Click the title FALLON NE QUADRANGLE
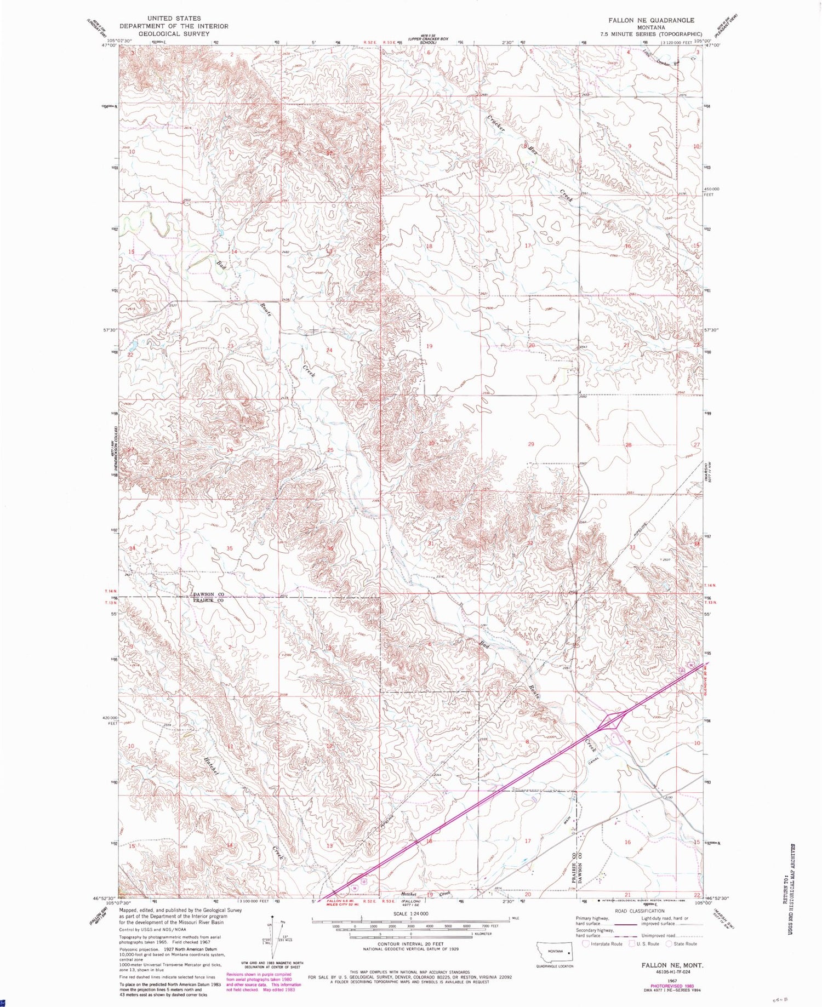tap(650, 20)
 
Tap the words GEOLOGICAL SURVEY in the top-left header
tap(174, 33)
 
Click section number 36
tap(330, 548)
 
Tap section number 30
tap(431, 443)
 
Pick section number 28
tap(629, 445)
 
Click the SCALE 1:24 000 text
tap(410, 913)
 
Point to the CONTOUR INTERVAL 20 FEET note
tap(410, 944)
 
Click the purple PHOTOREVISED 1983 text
tap(673, 980)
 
